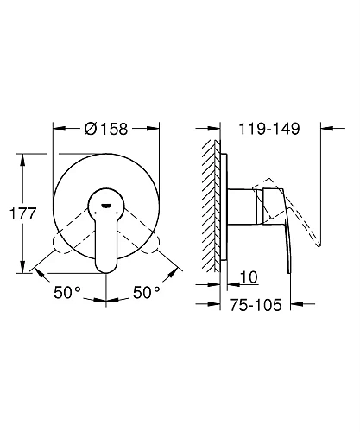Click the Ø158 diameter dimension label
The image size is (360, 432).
(x=106, y=129)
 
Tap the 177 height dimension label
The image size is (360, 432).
(x=22, y=213)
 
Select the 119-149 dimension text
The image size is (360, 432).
(x=269, y=129)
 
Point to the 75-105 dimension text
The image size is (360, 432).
(x=256, y=305)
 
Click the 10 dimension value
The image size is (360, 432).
(x=249, y=277)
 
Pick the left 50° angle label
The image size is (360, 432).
(x=67, y=292)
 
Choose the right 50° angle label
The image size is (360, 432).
(x=147, y=292)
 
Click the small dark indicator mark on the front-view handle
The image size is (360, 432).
(x=106, y=206)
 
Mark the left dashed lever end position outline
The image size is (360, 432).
(x=64, y=245)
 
